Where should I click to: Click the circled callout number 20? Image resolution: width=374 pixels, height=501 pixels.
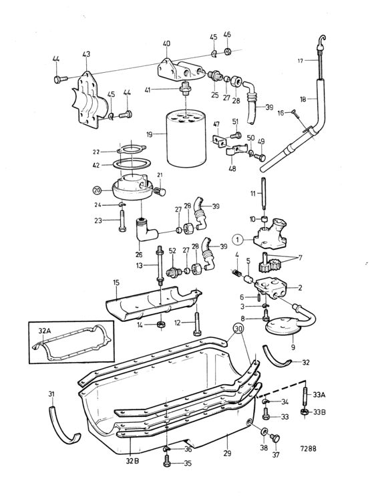coord(97,190)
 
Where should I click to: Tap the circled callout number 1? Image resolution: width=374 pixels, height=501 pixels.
coord(238,239)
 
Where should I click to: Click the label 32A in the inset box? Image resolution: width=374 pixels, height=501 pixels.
coord(45,331)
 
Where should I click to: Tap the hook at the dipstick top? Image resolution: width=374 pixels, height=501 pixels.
coord(323,40)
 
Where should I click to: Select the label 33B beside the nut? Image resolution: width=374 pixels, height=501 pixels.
coord(319,411)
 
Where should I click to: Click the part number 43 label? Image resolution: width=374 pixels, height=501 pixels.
coord(86,54)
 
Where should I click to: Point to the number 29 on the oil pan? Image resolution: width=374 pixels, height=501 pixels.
coord(227,454)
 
